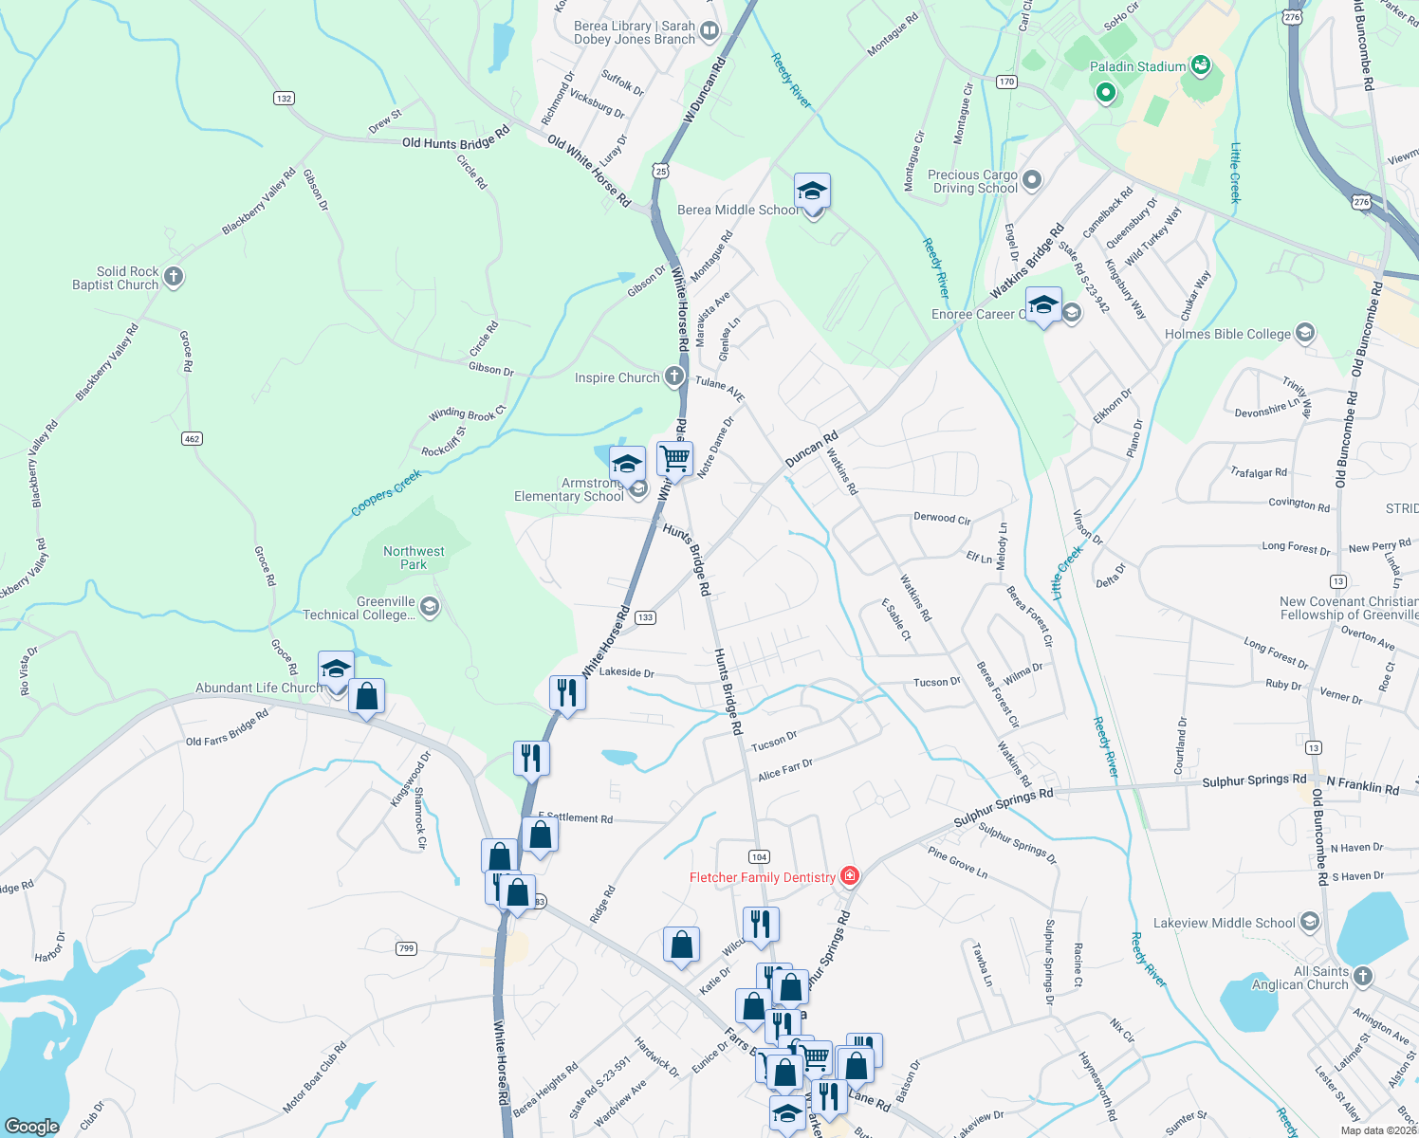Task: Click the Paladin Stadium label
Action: tap(1137, 66)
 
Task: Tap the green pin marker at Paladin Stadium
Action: tap(1105, 93)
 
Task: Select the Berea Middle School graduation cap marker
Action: tap(812, 193)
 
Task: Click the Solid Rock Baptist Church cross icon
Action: tap(173, 277)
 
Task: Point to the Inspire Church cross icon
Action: tap(673, 376)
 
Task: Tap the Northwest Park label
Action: tap(414, 558)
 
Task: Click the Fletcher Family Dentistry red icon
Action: tap(850, 876)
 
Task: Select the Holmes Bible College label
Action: tap(1227, 334)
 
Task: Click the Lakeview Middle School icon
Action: tap(1310, 922)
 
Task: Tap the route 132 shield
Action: tap(284, 98)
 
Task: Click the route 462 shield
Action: tap(193, 438)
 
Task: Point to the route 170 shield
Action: tap(1006, 82)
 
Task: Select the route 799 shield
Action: tap(407, 948)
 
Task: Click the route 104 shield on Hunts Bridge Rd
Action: tap(759, 856)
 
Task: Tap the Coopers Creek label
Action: tap(386, 494)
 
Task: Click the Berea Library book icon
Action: tap(709, 33)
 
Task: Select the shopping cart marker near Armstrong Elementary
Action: tap(674, 459)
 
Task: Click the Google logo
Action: tap(32, 1127)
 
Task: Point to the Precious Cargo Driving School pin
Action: tap(1033, 179)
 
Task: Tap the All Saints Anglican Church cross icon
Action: tap(1362, 977)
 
